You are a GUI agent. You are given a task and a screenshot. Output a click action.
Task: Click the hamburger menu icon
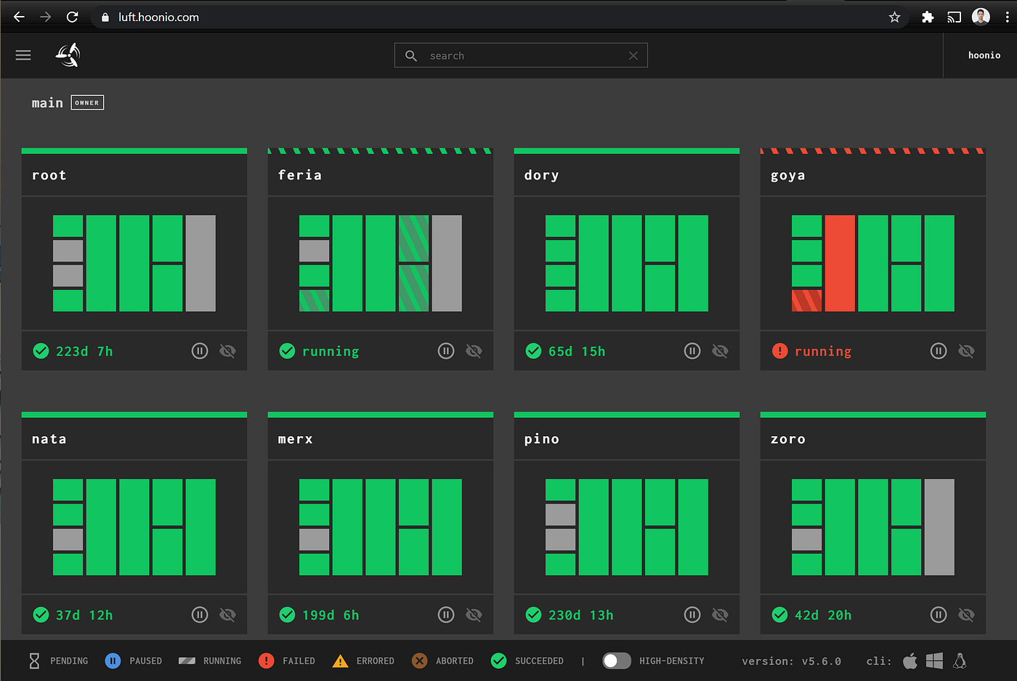[23, 55]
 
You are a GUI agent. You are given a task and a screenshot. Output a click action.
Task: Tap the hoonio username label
[984, 55]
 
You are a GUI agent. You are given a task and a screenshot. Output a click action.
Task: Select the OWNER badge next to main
[87, 102]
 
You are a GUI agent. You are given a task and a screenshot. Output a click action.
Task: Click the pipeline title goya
[787, 175]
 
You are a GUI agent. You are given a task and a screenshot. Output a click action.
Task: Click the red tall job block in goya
[840, 263]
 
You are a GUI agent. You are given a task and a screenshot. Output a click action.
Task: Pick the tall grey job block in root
[200, 263]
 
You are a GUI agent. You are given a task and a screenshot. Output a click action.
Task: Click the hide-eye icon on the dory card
[720, 351]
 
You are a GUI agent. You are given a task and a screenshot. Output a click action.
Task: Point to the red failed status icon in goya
[779, 351]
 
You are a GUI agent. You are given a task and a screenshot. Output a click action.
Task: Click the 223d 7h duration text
[84, 351]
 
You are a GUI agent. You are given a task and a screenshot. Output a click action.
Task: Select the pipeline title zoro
[787, 439]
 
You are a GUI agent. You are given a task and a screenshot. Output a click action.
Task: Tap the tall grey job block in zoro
[939, 527]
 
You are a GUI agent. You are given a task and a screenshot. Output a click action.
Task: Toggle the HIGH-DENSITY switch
[616, 661]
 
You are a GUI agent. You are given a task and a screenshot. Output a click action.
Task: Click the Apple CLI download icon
[909, 661]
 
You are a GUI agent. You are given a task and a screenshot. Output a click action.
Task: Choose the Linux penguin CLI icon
[960, 661]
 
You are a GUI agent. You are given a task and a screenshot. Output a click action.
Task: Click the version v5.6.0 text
[791, 661]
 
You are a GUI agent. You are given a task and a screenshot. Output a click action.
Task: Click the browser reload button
[72, 17]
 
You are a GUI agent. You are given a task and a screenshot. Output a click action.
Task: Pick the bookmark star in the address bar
[894, 17]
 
